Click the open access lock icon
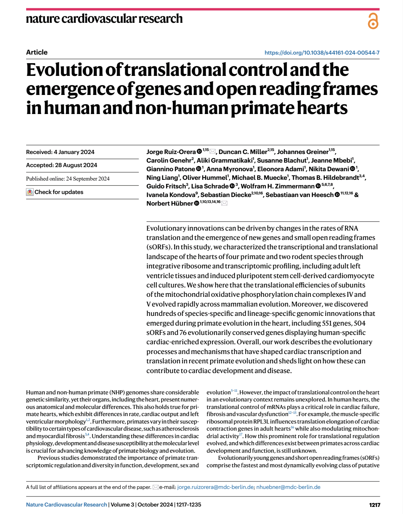click(x=373, y=21)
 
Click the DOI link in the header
click(x=322, y=53)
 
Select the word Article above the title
click(x=37, y=52)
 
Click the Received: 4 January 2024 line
click(x=60, y=152)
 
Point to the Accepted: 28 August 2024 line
click(x=62, y=165)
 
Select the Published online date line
click(x=68, y=179)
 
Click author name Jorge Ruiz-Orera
click(x=171, y=152)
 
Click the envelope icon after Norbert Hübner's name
click(x=224, y=203)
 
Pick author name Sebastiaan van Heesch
click(x=299, y=195)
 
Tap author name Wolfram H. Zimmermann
click(x=277, y=186)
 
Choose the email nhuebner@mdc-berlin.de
click(x=288, y=487)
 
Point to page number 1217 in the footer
click(x=375, y=505)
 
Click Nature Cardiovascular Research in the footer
click(x=67, y=505)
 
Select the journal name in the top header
click(x=104, y=19)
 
